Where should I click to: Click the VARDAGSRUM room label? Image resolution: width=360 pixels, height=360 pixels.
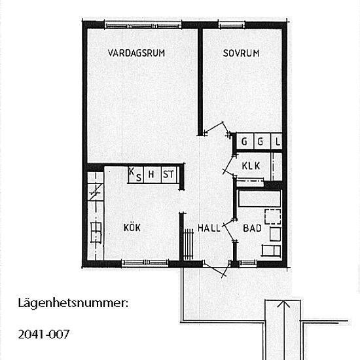136,54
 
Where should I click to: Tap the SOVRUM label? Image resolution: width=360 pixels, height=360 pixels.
241,54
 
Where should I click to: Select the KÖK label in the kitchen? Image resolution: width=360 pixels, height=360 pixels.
132,228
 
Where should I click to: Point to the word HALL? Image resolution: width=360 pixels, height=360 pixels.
209,228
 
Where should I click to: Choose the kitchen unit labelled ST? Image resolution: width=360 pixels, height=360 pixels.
169,174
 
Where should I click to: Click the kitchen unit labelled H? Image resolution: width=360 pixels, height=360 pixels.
151,174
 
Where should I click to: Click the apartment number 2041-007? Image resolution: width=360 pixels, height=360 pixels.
43,334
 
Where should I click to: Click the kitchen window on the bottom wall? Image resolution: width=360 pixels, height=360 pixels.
141,263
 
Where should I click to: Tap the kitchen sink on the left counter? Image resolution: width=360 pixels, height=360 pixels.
96,229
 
